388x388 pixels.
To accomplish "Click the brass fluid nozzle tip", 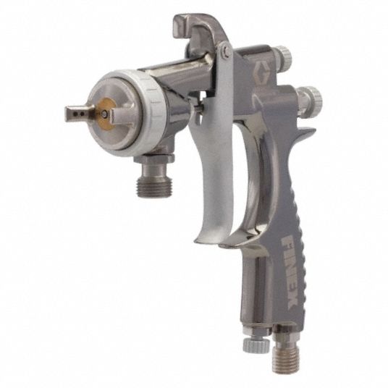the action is [105, 114].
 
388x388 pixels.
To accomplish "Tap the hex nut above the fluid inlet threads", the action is [154, 158].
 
